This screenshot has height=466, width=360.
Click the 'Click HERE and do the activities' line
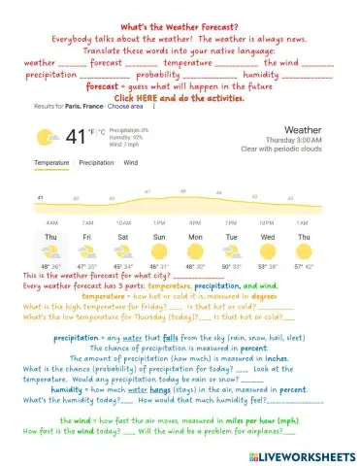[180, 98]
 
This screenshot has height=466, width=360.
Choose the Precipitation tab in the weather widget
[96, 163]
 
